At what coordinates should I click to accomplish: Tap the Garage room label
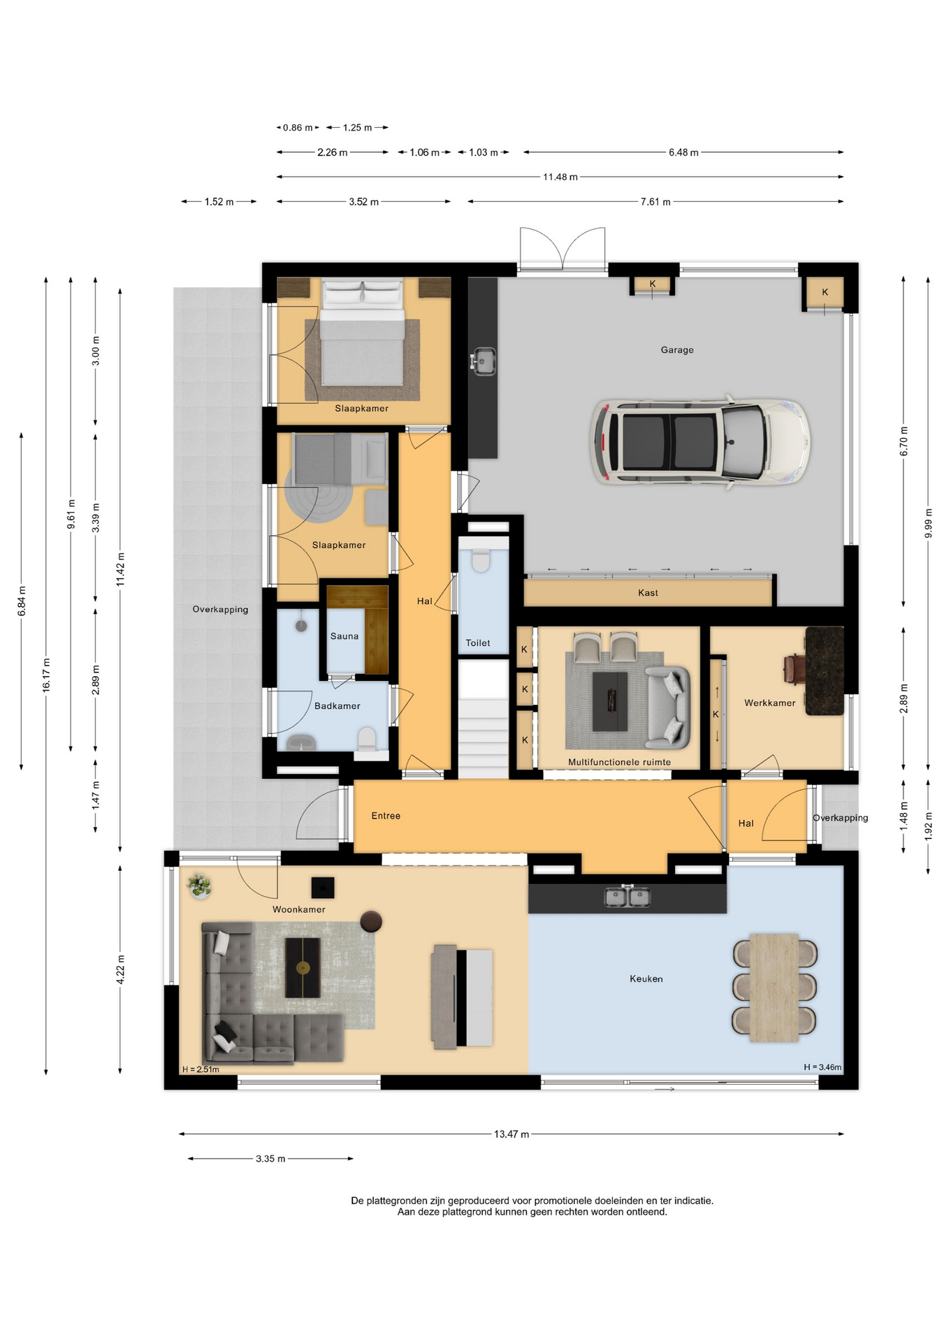[x=677, y=350]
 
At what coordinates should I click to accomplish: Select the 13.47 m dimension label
[x=512, y=1134]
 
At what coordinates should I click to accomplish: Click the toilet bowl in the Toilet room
[x=481, y=560]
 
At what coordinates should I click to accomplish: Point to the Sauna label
[x=345, y=636]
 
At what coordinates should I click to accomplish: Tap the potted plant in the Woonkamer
[x=199, y=886]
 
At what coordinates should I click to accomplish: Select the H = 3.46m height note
[x=823, y=1067]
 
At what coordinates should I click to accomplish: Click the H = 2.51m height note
[x=201, y=1069]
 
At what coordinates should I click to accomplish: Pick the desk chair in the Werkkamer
[x=794, y=666]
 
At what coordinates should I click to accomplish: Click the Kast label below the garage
[x=648, y=593]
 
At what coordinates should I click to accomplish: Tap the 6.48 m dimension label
[x=683, y=152]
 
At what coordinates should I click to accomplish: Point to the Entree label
[x=386, y=816]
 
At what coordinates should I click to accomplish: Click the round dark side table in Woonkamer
[x=371, y=921]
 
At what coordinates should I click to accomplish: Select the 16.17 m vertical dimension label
[x=46, y=675]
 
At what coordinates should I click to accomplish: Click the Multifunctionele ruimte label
[x=619, y=763]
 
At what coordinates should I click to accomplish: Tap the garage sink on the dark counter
[x=483, y=361]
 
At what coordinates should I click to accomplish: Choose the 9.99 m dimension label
[x=928, y=523]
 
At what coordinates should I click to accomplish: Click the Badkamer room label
[x=338, y=706]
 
